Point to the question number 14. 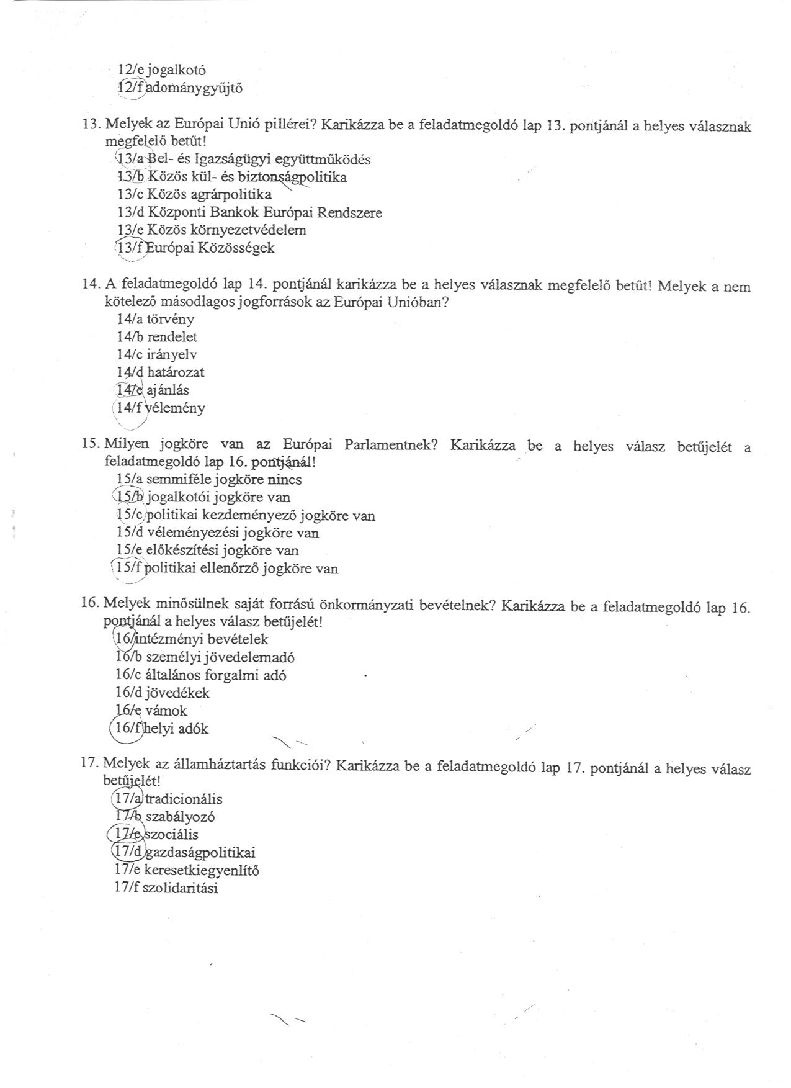coord(90,284)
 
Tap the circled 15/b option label coord(129,497)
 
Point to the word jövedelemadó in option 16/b coord(253,657)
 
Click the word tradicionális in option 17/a coord(183,799)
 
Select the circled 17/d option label coord(128,853)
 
